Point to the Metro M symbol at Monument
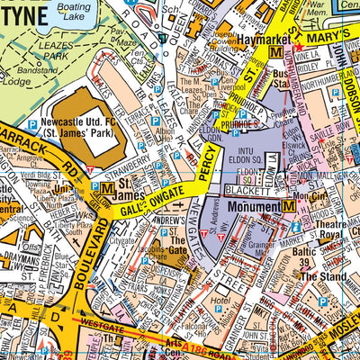(x=289, y=206)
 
